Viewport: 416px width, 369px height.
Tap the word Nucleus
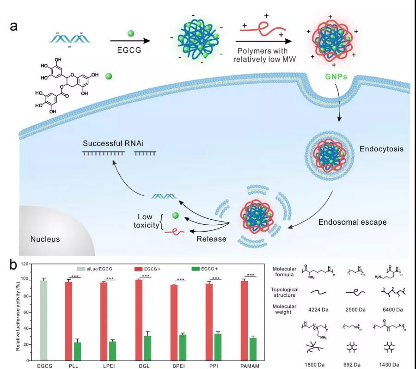pos(45,239)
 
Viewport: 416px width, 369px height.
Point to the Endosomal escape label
pos(352,222)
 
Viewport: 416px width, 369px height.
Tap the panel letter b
pos(14,264)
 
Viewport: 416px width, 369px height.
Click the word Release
pos(211,239)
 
